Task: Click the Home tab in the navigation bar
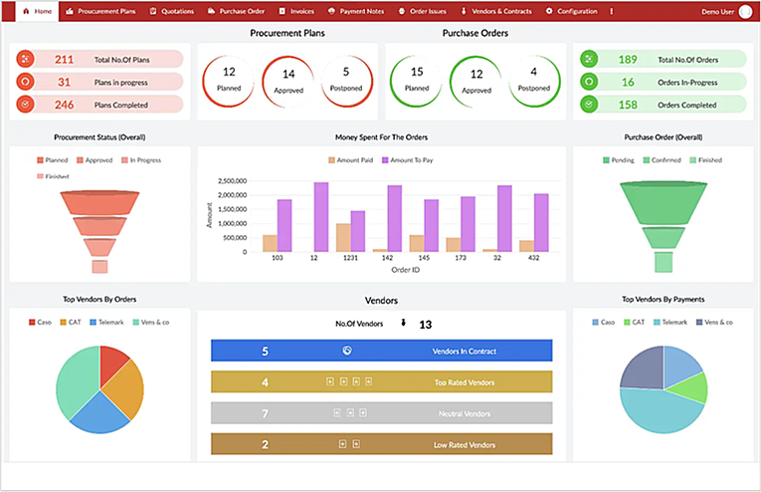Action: tap(37, 11)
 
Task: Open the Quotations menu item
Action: tap(171, 11)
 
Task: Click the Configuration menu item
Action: tap(572, 11)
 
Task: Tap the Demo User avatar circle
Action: tap(745, 11)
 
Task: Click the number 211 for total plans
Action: tap(64, 60)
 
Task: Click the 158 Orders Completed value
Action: tap(628, 104)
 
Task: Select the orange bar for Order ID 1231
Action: tap(343, 237)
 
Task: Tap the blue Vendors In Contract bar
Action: tap(381, 351)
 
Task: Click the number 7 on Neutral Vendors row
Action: tap(265, 412)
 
